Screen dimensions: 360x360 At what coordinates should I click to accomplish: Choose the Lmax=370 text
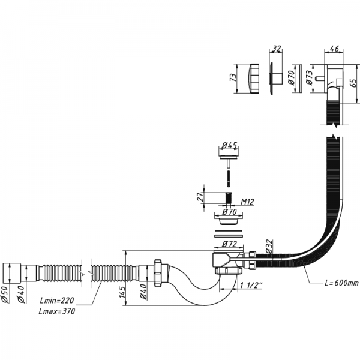pos(58,312)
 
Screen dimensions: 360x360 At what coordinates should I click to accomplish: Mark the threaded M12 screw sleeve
pos(228,199)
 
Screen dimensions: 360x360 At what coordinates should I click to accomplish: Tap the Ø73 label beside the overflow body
pos(310,79)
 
